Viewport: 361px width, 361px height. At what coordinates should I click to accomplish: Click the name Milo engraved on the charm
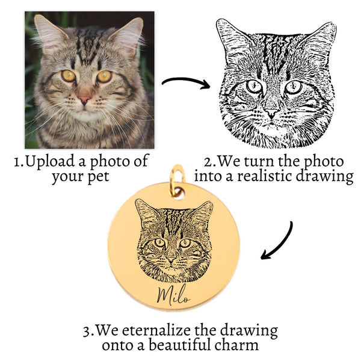[173, 295]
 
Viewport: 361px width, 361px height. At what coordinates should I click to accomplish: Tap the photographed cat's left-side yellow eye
[68, 76]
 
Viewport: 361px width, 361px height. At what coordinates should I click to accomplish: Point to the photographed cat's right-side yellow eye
[104, 76]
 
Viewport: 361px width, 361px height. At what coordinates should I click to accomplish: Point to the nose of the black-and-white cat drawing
[272, 113]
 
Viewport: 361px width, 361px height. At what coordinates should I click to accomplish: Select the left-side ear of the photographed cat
[46, 30]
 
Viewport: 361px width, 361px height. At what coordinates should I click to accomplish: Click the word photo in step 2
[321, 161]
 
